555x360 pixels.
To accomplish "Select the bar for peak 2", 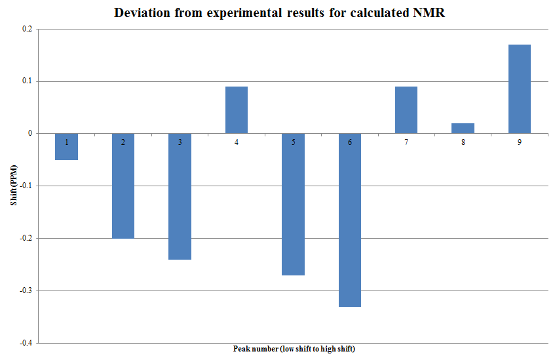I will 123,190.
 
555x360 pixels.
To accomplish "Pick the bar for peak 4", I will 236,110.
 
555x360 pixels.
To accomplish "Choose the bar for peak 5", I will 293,210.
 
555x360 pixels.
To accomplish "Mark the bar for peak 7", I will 406,110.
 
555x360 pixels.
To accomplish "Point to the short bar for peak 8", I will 463,128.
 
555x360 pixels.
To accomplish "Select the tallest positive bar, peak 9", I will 520,89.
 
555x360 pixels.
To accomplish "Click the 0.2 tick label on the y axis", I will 26,29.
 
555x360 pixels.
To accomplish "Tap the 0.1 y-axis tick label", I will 26,81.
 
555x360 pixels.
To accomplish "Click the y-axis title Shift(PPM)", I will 13,186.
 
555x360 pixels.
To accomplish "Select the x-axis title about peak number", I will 294,348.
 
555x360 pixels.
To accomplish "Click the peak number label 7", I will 406,142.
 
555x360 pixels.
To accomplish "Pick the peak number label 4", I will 236,142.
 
